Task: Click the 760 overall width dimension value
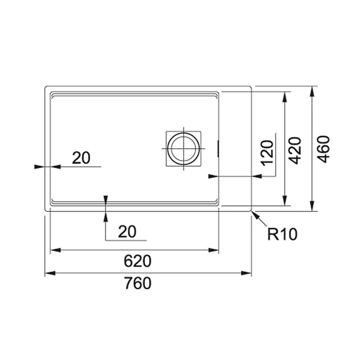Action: pos(138,283)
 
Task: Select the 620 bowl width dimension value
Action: pos(138,261)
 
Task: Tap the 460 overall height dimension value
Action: pos(323,149)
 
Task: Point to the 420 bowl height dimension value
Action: pos(295,151)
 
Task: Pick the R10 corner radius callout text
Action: pos(283,234)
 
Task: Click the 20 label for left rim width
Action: pos(81,158)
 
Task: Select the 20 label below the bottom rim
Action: pos(127,232)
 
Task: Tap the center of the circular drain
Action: pos(184,148)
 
